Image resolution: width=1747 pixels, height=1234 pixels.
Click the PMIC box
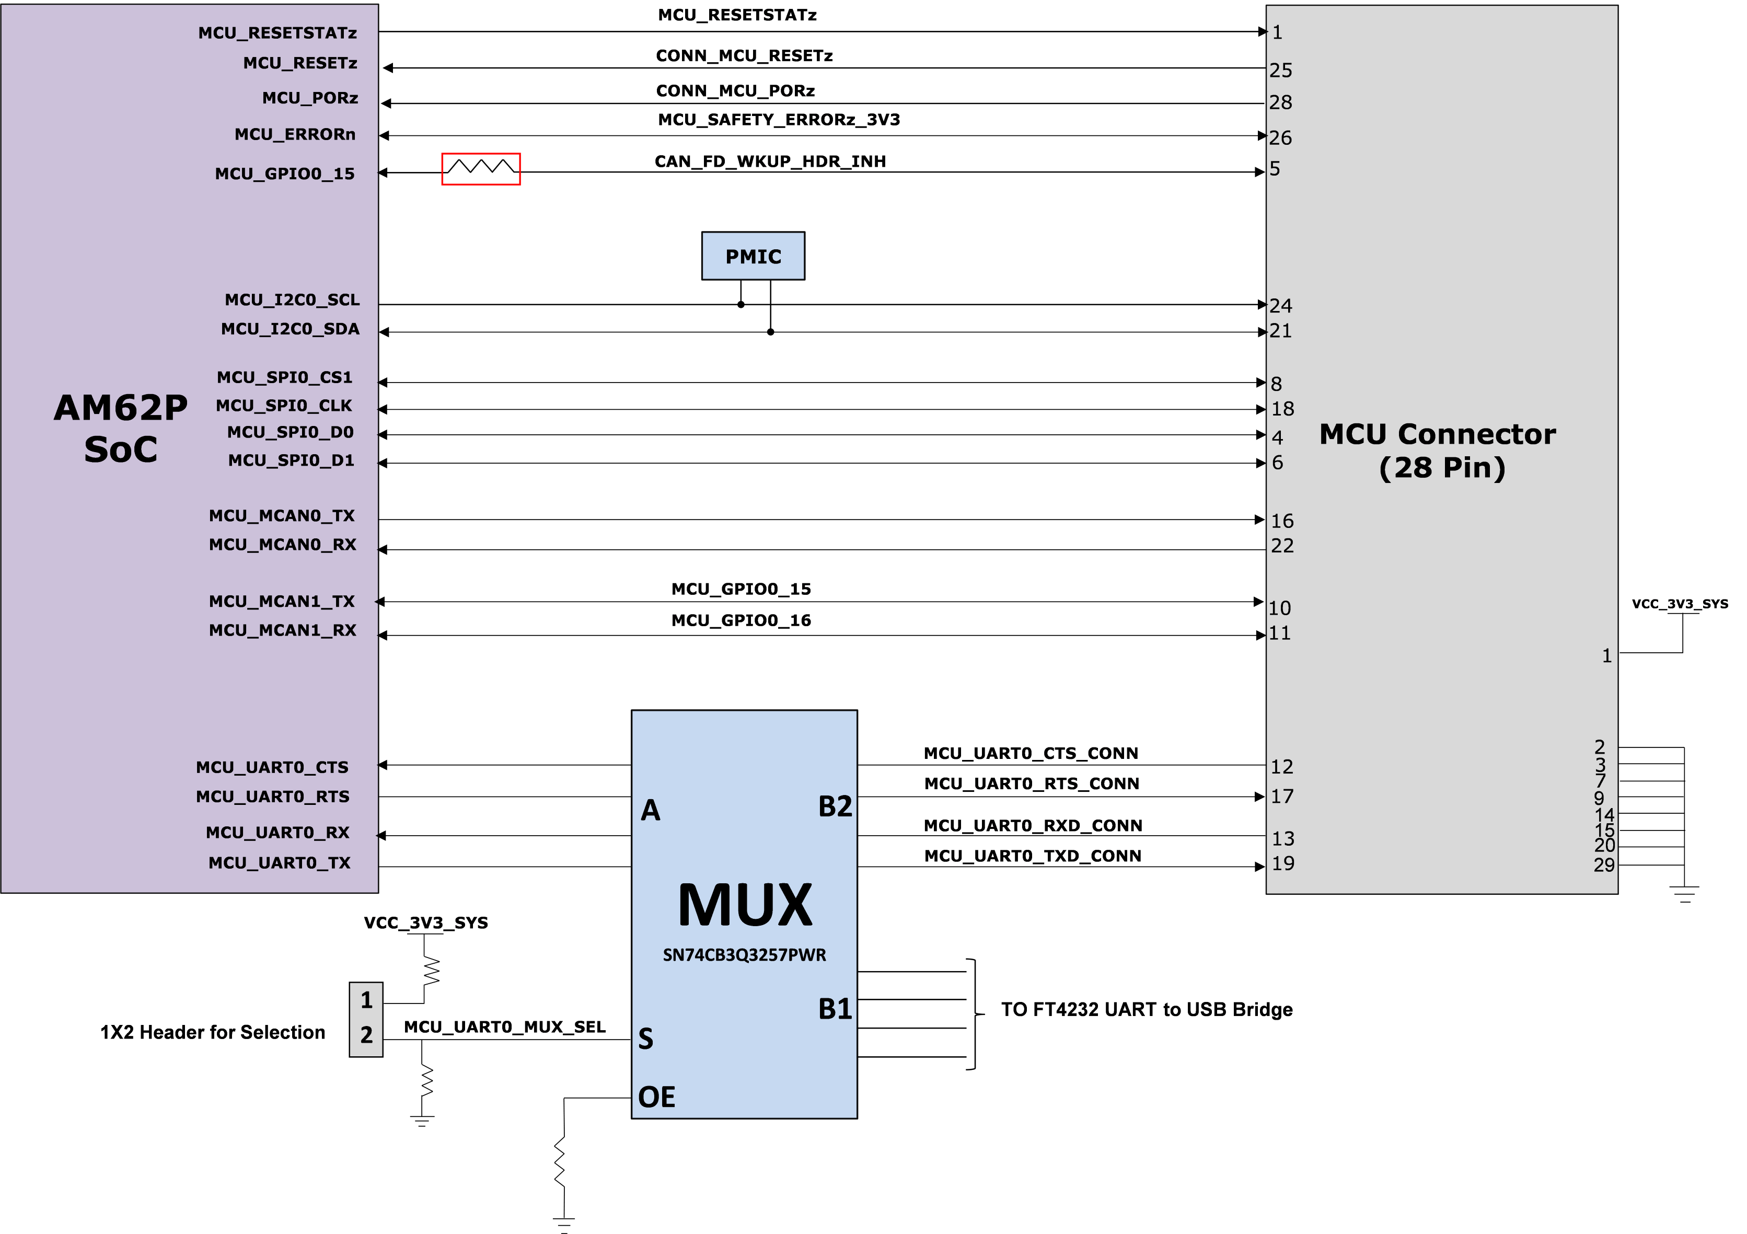click(x=753, y=257)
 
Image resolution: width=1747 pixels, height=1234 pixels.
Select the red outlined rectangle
click(x=481, y=169)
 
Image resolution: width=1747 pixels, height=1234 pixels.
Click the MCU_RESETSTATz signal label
click(x=277, y=33)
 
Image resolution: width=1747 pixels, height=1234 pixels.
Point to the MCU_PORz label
click(x=310, y=98)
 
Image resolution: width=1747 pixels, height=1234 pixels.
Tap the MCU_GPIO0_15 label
click(x=285, y=174)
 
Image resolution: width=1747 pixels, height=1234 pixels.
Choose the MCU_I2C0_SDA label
click(x=290, y=329)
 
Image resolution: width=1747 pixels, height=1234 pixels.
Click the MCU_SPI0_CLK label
click(x=284, y=406)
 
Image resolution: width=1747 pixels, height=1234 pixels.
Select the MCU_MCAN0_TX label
click(x=282, y=516)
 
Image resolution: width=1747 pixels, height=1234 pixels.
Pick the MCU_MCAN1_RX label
click(x=282, y=630)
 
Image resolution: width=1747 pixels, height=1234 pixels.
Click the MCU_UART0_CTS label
click(x=272, y=767)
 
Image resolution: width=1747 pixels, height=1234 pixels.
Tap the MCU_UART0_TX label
click(x=279, y=863)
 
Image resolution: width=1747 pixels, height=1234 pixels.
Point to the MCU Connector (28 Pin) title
click(x=1437, y=451)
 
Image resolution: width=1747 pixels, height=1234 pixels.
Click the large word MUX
click(x=745, y=905)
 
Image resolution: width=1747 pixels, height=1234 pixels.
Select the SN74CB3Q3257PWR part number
click(x=744, y=955)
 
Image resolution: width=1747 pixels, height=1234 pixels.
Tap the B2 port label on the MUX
click(x=835, y=806)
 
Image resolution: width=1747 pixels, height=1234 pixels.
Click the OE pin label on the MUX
click(x=656, y=1097)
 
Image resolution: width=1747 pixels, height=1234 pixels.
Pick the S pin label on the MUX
click(x=645, y=1039)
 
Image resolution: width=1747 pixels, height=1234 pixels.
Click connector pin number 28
click(x=1280, y=102)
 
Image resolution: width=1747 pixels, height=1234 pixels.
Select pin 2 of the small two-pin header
click(x=366, y=1035)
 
